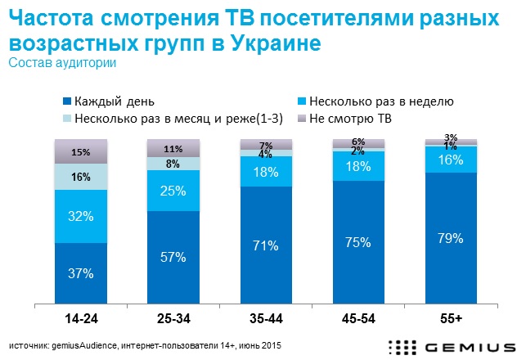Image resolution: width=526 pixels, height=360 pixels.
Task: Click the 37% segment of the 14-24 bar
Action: (x=80, y=272)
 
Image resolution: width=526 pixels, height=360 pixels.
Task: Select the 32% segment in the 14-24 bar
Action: (x=80, y=217)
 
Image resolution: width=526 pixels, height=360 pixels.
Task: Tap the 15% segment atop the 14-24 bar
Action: (x=80, y=152)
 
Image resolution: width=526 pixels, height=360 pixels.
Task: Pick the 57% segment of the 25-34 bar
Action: (x=173, y=256)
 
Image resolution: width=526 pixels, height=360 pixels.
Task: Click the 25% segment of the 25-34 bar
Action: (x=173, y=191)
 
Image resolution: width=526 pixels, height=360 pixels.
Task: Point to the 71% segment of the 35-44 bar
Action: (x=266, y=245)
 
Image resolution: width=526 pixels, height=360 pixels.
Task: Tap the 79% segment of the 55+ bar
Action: (x=451, y=238)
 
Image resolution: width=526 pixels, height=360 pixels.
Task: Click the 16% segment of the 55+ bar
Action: (x=451, y=160)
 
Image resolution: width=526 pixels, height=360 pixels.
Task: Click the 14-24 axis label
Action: (x=80, y=314)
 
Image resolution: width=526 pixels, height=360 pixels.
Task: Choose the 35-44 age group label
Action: (x=266, y=314)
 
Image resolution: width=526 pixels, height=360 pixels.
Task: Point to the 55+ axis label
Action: (x=451, y=314)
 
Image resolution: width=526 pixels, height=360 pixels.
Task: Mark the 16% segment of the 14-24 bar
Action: (x=80, y=176)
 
